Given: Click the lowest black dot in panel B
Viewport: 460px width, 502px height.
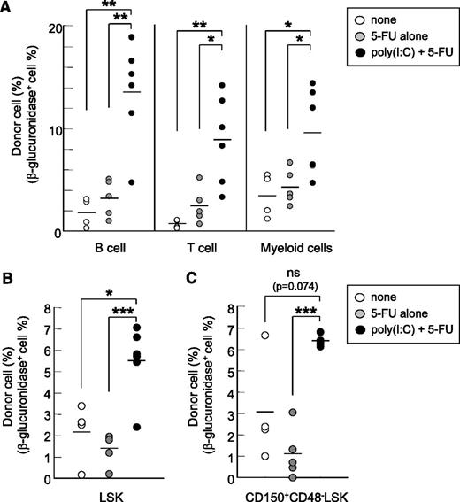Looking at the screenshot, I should tap(136, 427).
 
